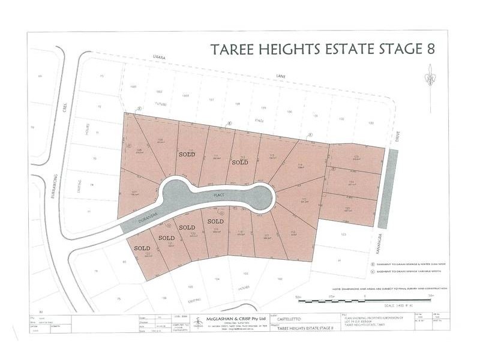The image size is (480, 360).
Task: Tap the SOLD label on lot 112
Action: (240, 162)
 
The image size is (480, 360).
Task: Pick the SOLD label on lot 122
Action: (142, 248)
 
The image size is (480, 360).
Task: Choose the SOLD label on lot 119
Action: (215, 221)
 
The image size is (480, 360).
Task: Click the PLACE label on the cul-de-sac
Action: (221, 196)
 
